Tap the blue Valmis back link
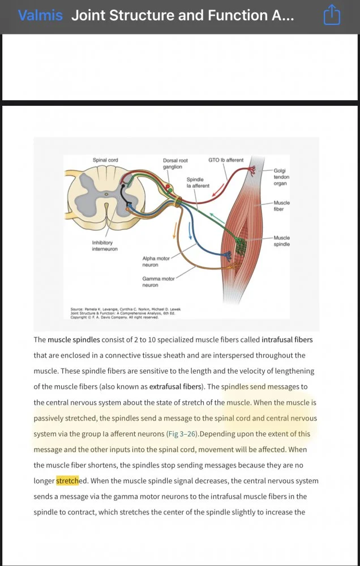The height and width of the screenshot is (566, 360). (40, 15)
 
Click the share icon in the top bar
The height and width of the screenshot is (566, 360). (331, 15)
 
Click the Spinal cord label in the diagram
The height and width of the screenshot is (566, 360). (105, 160)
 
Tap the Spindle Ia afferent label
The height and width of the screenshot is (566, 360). (198, 182)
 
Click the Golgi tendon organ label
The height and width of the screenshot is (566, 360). (281, 177)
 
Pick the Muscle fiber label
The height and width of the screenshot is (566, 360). (281, 206)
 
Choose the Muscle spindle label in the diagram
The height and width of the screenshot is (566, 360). (281, 241)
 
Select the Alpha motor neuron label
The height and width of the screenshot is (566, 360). (156, 261)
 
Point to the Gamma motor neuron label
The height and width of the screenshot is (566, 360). (158, 282)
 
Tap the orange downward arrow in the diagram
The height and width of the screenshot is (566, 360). (175, 229)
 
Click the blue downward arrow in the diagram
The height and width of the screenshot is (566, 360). (190, 233)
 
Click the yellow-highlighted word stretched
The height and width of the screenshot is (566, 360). (67, 481)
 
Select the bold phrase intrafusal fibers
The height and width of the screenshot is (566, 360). (287, 340)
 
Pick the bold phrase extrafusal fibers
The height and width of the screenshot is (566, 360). (175, 387)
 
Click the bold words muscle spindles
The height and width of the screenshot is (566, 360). (74, 340)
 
